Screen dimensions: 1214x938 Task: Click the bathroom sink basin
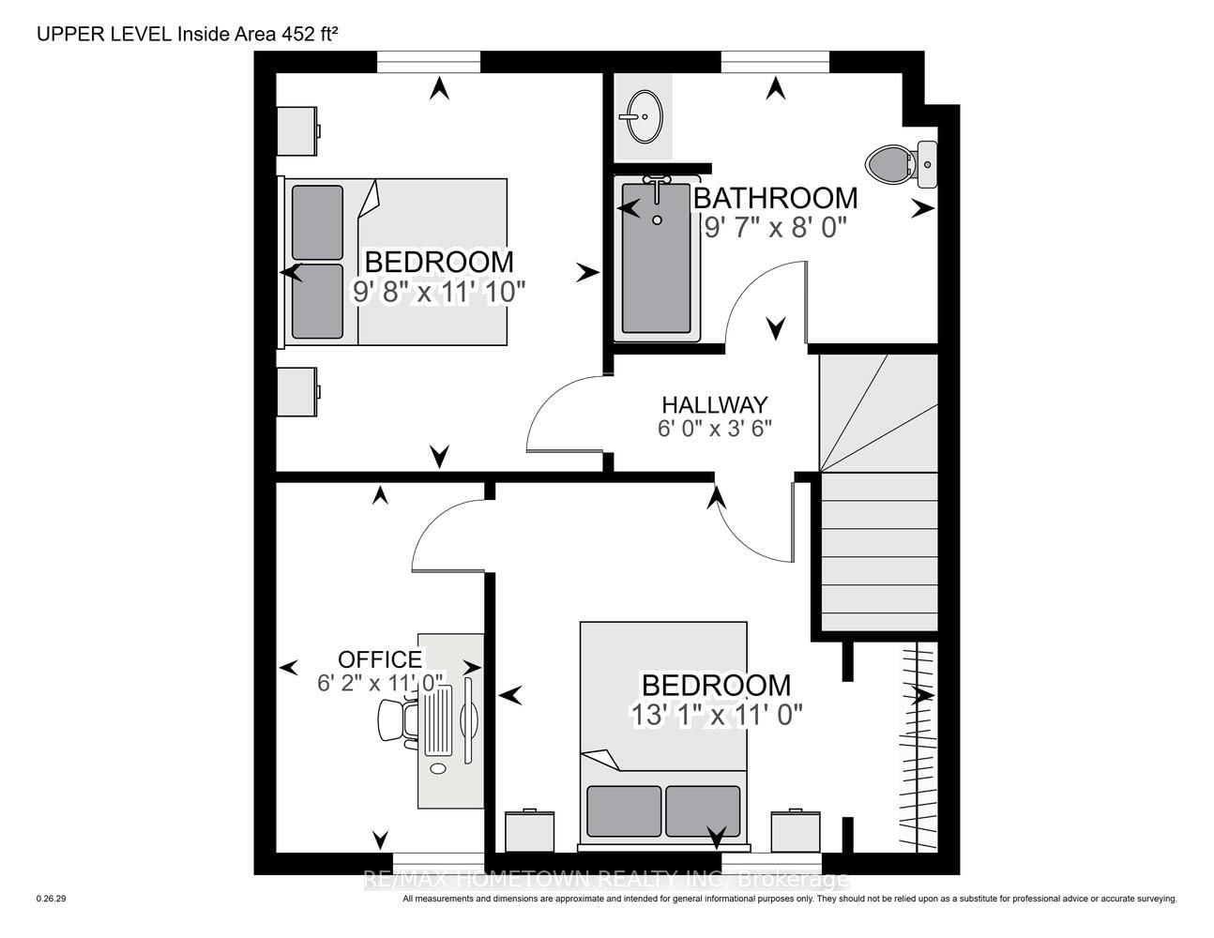pos(645,116)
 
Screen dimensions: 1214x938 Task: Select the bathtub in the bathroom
pos(657,258)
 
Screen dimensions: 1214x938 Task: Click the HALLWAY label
pos(715,403)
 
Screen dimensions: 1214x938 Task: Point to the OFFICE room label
pos(380,659)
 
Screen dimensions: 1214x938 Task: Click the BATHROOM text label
pos(776,198)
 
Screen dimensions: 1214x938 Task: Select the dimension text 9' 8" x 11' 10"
pos(438,292)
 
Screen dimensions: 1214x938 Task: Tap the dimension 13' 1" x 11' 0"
pos(717,714)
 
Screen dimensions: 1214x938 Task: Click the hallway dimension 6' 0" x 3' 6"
pos(715,429)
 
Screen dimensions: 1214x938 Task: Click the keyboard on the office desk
pos(438,720)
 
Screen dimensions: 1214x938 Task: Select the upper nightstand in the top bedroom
pos(298,131)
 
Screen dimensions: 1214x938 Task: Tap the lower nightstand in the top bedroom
pos(298,391)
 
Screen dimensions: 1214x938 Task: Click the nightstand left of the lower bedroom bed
pos(529,831)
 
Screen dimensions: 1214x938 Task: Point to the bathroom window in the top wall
pos(775,61)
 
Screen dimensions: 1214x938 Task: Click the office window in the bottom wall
pos(438,863)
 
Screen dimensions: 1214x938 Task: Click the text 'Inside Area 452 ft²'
pos(258,35)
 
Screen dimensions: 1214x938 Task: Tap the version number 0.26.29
pos(52,899)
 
